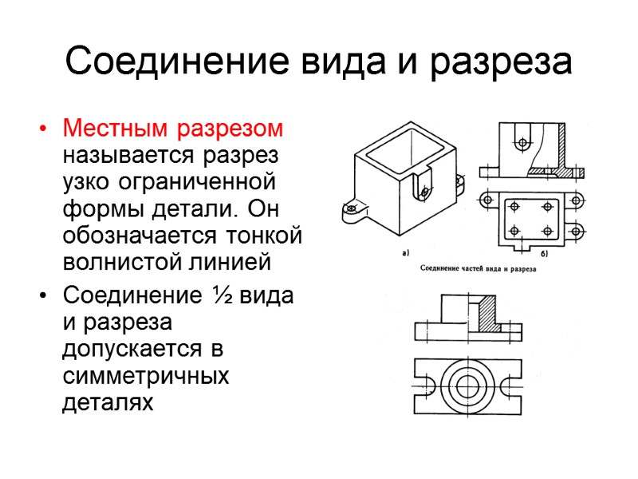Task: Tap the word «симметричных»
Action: tap(145, 376)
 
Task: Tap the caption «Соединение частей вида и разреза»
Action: tap(477, 269)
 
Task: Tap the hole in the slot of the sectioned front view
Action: tap(522, 143)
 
